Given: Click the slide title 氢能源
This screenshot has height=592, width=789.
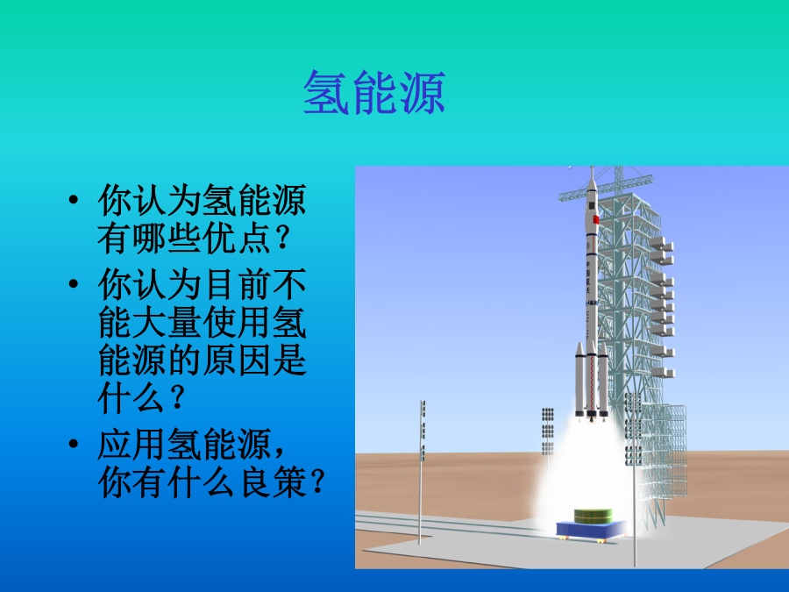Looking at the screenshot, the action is tap(374, 93).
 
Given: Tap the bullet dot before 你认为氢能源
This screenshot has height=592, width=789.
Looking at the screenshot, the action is tap(74, 200).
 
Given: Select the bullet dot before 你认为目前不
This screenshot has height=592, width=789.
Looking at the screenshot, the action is tap(74, 283).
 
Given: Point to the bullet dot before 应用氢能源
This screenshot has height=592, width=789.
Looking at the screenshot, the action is tap(74, 444).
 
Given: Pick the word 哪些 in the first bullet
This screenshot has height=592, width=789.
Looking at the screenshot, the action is tap(167, 238).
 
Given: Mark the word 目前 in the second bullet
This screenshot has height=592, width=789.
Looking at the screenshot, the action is tap(237, 284).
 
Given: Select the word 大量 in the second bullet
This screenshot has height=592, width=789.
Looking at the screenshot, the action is tap(167, 322).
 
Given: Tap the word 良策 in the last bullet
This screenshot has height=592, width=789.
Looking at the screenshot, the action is tap(272, 482).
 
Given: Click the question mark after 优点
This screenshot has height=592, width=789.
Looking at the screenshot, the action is tap(283, 239).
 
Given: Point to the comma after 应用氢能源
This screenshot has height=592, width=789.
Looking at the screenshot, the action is tap(280, 451).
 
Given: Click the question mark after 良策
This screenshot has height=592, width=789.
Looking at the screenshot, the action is tap(317, 482).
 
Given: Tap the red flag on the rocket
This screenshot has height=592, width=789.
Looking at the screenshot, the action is tap(596, 219).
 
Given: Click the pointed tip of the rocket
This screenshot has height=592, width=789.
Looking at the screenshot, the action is tap(593, 168).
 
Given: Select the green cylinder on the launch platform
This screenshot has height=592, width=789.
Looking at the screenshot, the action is tap(594, 516).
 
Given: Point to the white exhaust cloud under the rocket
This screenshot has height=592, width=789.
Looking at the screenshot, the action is tap(584, 468).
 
